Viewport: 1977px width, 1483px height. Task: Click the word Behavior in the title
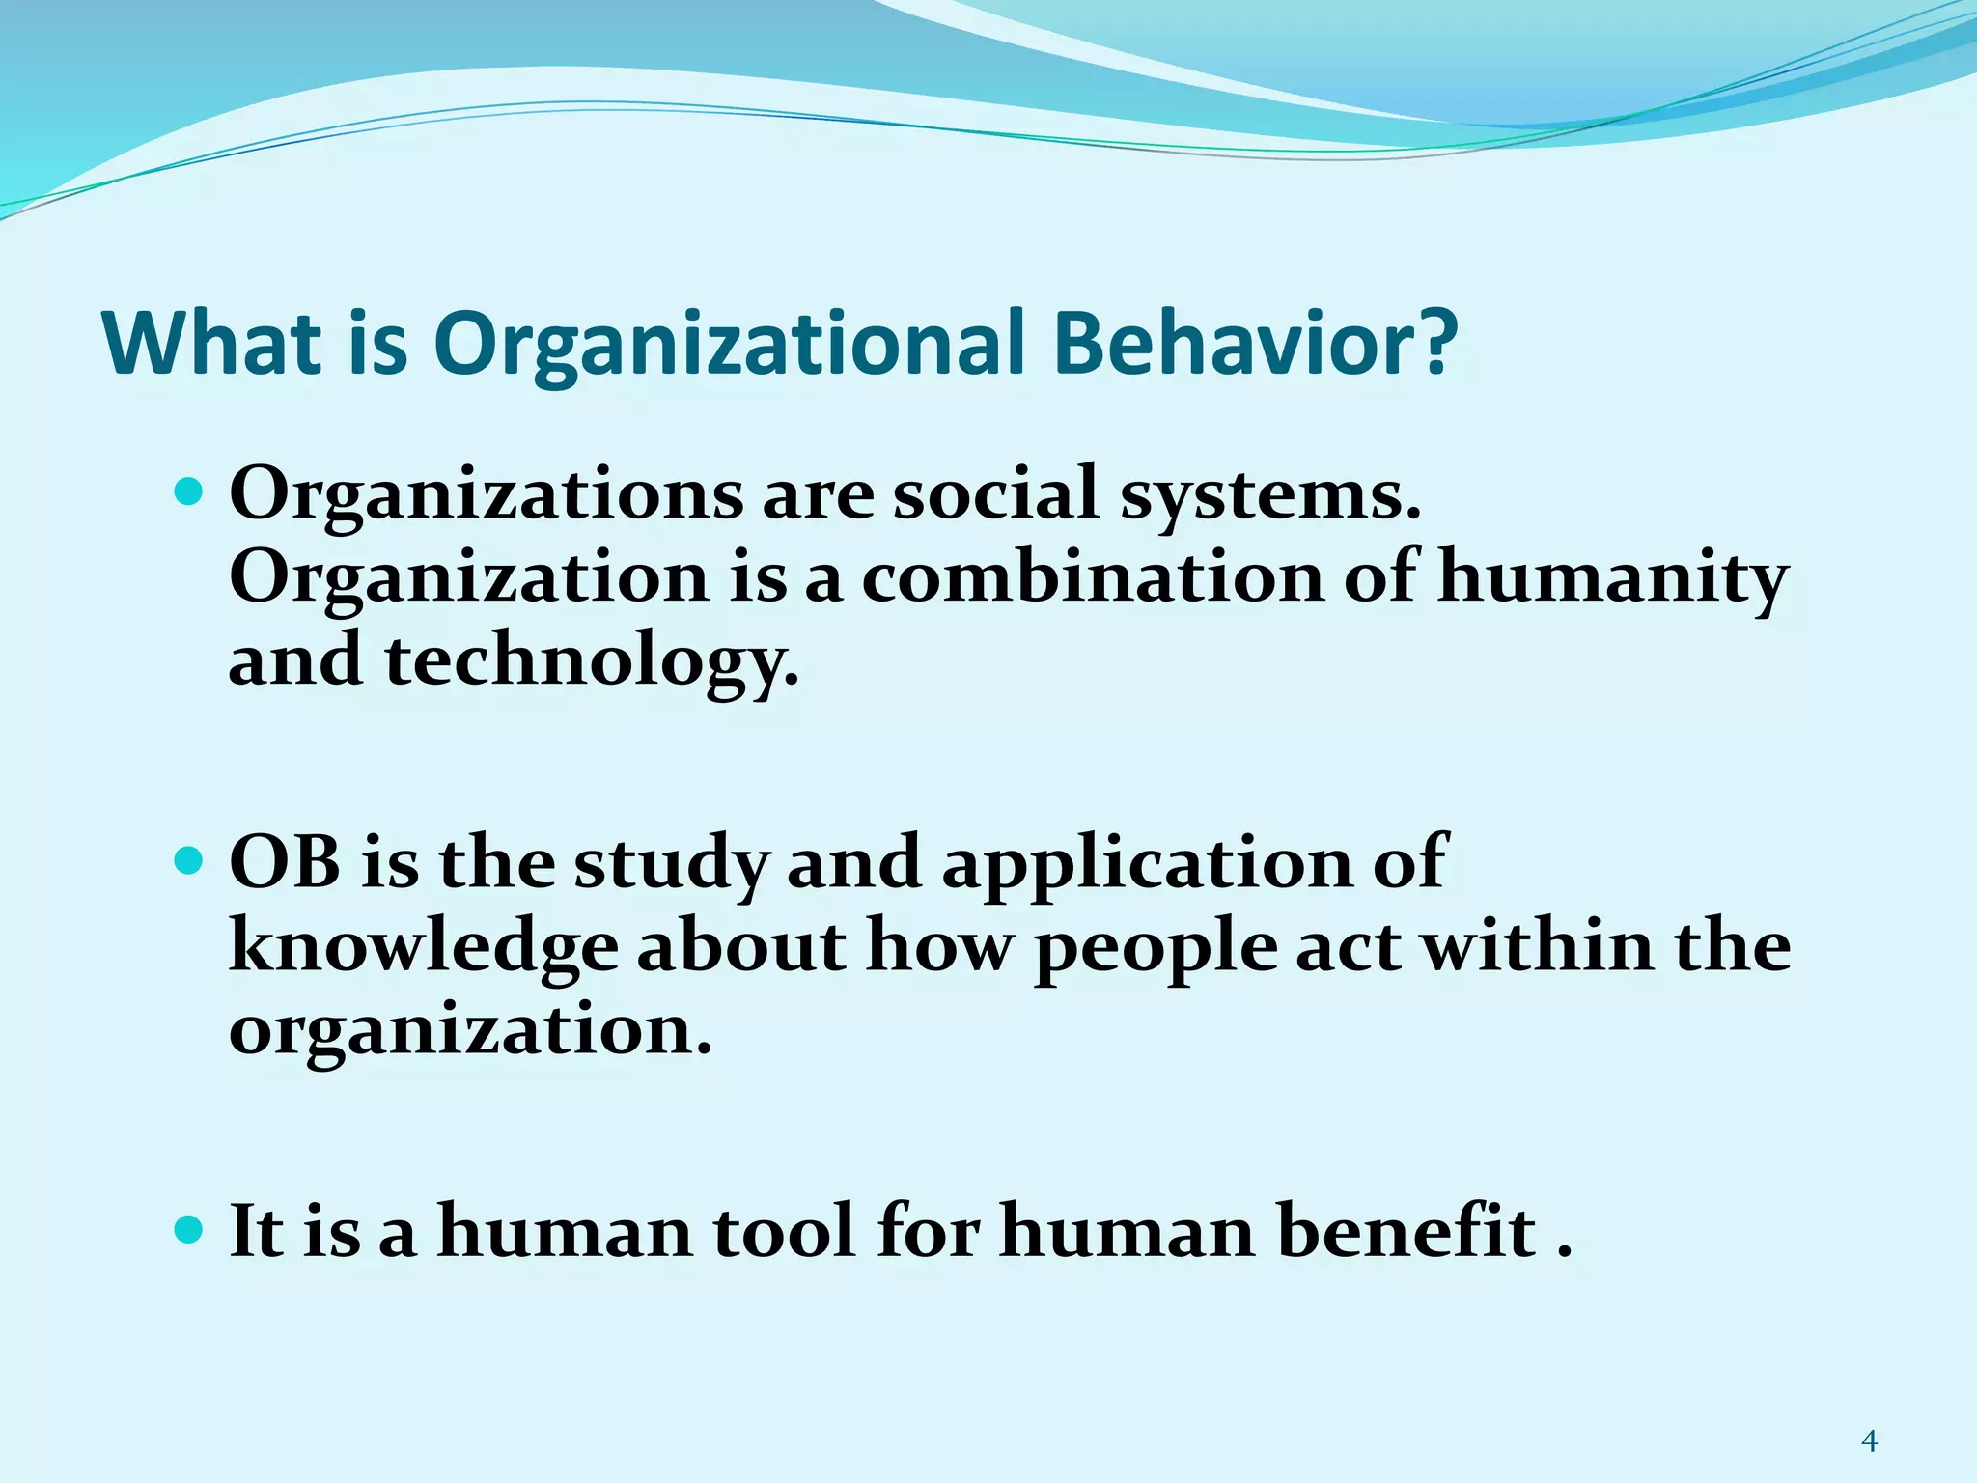pos(1254,344)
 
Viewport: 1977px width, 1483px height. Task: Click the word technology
pos(591,665)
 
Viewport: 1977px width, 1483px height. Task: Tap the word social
pos(995,493)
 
